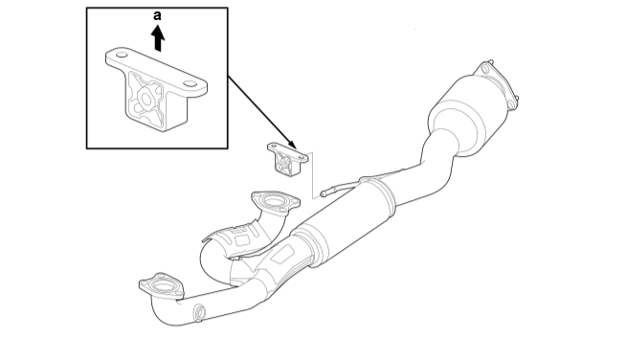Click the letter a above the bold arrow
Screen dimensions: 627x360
(158, 16)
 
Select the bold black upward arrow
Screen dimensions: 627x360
(158, 38)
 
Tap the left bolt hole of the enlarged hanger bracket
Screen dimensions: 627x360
(122, 55)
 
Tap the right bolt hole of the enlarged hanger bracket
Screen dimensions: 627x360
(190, 84)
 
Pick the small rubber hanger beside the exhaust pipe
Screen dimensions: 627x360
(287, 159)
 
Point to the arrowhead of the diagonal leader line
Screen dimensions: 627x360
(293, 145)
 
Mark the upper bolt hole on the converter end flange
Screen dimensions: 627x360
(485, 70)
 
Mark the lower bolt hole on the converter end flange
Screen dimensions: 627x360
(510, 104)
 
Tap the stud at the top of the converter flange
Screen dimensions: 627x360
(491, 61)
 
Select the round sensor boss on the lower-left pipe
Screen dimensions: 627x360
(199, 313)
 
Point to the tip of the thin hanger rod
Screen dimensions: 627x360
(323, 194)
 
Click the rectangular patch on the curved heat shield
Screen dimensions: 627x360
(242, 240)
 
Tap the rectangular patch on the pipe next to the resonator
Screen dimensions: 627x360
(283, 254)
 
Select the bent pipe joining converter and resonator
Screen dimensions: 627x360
(426, 168)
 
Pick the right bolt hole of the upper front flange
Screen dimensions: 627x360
(295, 202)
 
